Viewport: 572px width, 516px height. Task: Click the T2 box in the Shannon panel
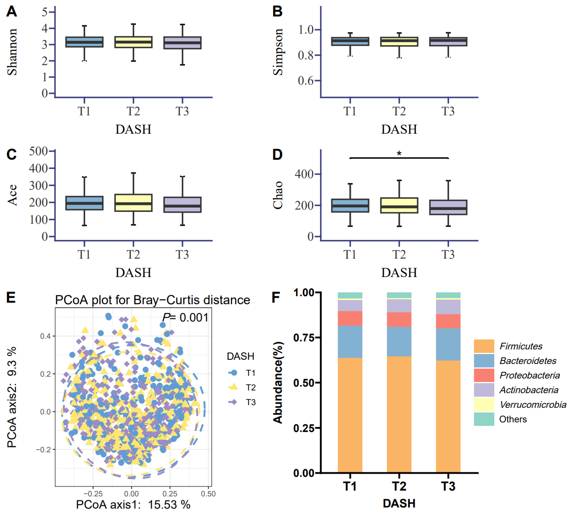coord(133,42)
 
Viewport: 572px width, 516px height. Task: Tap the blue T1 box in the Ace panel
coord(84,203)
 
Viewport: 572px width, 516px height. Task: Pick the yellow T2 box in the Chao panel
coord(399,205)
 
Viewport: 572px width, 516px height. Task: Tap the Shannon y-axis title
coord(12,52)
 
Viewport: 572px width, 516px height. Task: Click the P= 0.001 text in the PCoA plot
coord(185,318)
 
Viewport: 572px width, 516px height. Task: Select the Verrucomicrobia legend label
coord(533,405)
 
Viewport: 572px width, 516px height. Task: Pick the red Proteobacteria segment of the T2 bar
coord(399,320)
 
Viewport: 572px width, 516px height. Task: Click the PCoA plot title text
coord(152,300)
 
